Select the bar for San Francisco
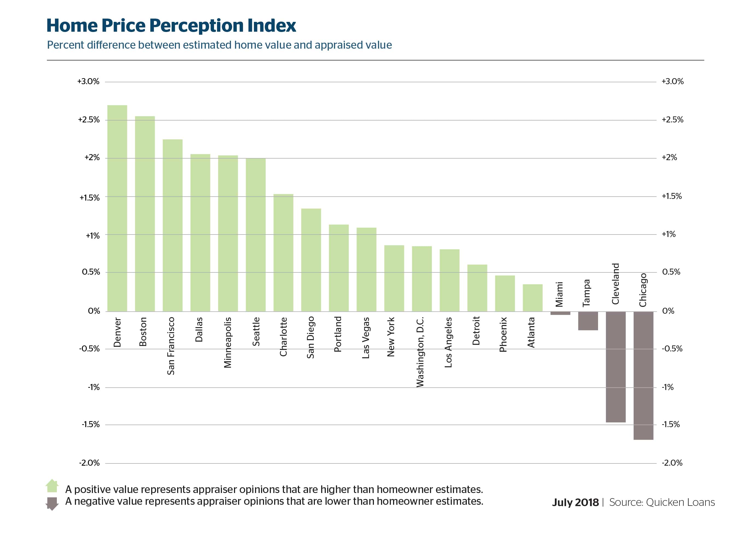[x=172, y=225]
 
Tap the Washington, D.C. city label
[x=420, y=352]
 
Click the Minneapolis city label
[x=228, y=342]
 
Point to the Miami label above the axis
[x=560, y=294]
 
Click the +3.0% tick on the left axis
[x=88, y=81]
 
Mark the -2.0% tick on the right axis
[x=672, y=463]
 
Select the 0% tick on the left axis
[x=94, y=311]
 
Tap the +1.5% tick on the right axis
[x=672, y=196]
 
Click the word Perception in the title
[x=197, y=26]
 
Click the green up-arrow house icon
[x=52, y=486]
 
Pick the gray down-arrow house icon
[x=52, y=503]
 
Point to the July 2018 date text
[x=575, y=502]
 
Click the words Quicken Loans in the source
[x=680, y=502]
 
